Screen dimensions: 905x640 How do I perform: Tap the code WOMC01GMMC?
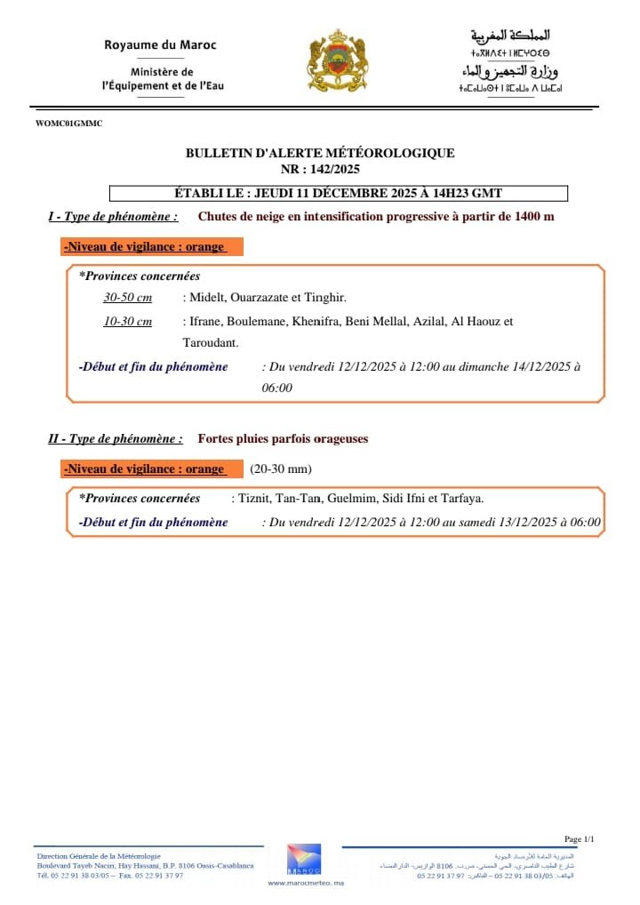69,124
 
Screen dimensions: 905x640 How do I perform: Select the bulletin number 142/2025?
334,169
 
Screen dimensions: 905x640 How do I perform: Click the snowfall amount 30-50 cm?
127,297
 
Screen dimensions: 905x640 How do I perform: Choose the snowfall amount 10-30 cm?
127,322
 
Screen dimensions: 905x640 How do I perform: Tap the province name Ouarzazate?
266,297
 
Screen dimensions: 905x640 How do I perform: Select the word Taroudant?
210,342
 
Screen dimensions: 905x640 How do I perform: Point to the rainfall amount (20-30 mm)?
281,469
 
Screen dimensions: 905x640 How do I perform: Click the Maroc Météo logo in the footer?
304,859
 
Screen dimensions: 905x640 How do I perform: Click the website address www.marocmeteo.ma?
305,883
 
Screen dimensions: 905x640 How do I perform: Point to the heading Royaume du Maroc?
160,44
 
